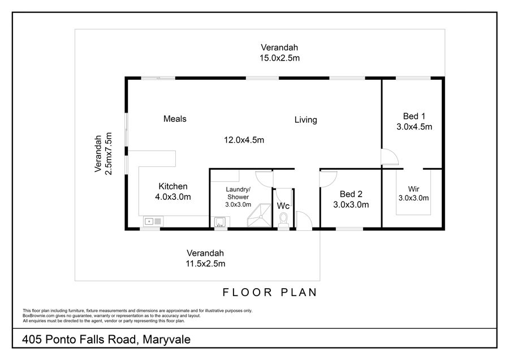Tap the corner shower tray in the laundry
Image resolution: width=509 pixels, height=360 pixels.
[259, 215]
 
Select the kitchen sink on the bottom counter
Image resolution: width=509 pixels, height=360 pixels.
[153, 221]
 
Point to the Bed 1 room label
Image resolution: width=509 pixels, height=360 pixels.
[414, 116]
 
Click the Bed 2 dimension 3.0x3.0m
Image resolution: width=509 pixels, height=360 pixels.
[351, 205]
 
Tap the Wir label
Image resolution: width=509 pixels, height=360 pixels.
[413, 188]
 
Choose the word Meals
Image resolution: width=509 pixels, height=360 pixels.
[175, 119]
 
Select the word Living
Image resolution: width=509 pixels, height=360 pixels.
[306, 120]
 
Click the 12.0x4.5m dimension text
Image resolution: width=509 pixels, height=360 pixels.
[244, 140]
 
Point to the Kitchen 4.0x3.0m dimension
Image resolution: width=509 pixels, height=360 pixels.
[172, 197]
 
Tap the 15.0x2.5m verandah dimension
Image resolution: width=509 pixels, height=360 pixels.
[279, 58]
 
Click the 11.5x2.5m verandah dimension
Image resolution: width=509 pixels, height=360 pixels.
[205, 264]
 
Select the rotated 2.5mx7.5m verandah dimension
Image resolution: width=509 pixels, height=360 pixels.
[109, 153]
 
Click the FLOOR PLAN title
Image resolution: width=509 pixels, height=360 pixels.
[269, 293]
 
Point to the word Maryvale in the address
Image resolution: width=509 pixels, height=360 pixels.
[166, 340]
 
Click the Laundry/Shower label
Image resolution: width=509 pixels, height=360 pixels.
[238, 193]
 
